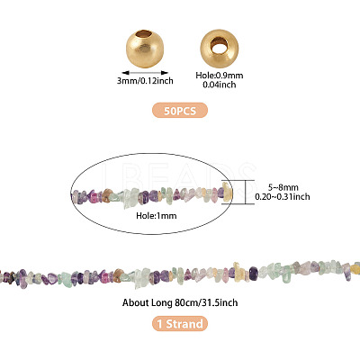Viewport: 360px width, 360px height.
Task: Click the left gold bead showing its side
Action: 145,49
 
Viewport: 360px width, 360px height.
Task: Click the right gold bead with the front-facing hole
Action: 220,49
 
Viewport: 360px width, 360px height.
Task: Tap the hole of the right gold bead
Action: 220,46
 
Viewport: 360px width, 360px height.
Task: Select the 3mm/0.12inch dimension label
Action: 145,81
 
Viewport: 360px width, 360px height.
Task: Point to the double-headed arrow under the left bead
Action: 145,73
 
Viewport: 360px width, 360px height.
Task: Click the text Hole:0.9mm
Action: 220,76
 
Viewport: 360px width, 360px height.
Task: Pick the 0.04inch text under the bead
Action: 220,85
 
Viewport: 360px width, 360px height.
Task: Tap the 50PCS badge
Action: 180,110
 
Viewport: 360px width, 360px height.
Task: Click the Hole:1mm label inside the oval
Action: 157,215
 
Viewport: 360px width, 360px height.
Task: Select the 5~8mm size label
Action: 283,187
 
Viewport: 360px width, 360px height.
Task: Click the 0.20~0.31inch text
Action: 283,196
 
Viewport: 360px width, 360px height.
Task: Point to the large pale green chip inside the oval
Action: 130,197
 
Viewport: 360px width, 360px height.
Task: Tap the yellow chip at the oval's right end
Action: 227,192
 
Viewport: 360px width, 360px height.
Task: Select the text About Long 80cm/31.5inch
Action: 180,302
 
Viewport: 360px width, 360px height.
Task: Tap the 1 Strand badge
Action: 180,324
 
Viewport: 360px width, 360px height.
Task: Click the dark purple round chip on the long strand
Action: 254,273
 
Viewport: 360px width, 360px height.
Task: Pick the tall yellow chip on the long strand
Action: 238,270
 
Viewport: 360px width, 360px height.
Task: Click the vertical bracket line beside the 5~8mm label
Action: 246,192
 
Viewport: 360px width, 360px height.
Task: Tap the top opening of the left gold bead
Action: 144,32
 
